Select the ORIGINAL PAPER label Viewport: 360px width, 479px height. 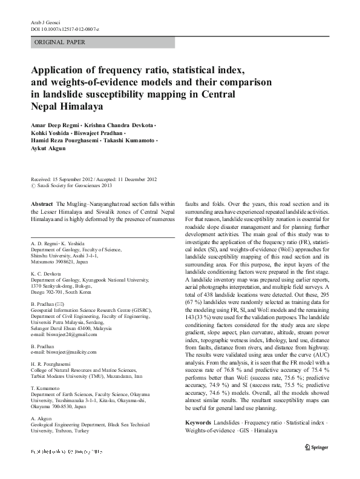click(x=60, y=42)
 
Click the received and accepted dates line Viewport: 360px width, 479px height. click(x=93, y=179)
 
